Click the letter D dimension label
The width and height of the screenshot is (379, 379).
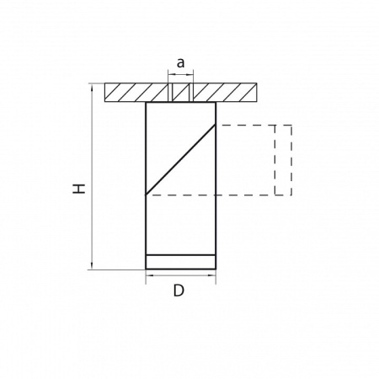coord(179,291)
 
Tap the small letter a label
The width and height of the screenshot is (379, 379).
coord(180,62)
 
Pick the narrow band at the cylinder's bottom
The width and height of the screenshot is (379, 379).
coord(180,261)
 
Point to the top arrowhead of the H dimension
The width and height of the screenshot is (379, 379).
coord(90,87)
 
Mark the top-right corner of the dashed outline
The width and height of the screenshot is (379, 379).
coord(291,125)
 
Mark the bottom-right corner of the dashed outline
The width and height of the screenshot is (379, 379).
coord(291,195)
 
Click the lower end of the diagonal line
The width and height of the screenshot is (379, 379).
coord(147,195)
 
